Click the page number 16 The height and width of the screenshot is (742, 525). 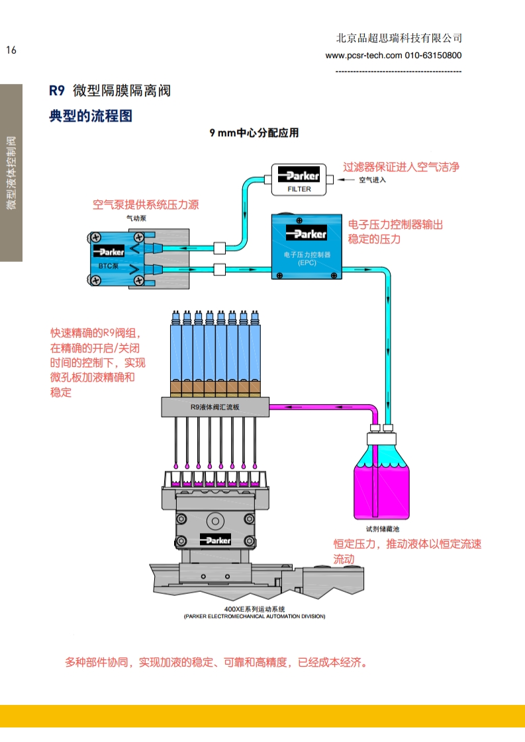11,50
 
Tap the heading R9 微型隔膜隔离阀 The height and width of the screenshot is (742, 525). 110,91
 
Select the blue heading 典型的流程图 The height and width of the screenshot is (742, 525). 91,116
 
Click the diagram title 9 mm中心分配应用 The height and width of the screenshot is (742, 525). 254,133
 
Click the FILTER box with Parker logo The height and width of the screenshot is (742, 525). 299,179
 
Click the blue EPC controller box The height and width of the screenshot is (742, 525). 305,245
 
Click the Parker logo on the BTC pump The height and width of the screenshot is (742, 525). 109,252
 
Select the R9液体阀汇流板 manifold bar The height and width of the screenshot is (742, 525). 215,407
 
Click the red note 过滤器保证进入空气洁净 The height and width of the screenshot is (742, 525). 401,167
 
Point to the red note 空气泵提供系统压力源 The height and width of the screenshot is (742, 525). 145,204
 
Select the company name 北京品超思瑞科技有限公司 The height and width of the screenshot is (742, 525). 399,38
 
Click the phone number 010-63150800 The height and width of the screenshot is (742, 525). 433,56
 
